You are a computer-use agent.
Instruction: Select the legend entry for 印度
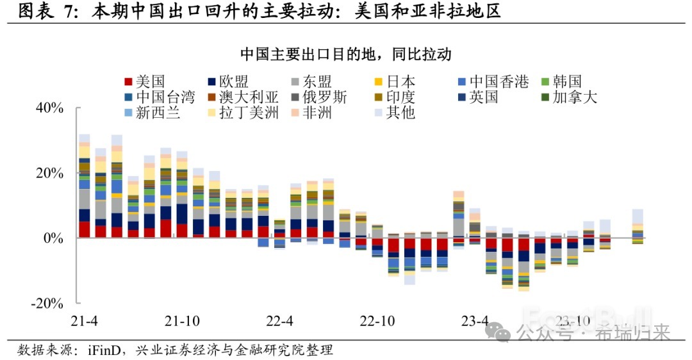click(400, 97)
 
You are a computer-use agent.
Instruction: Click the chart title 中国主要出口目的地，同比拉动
click(346, 54)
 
